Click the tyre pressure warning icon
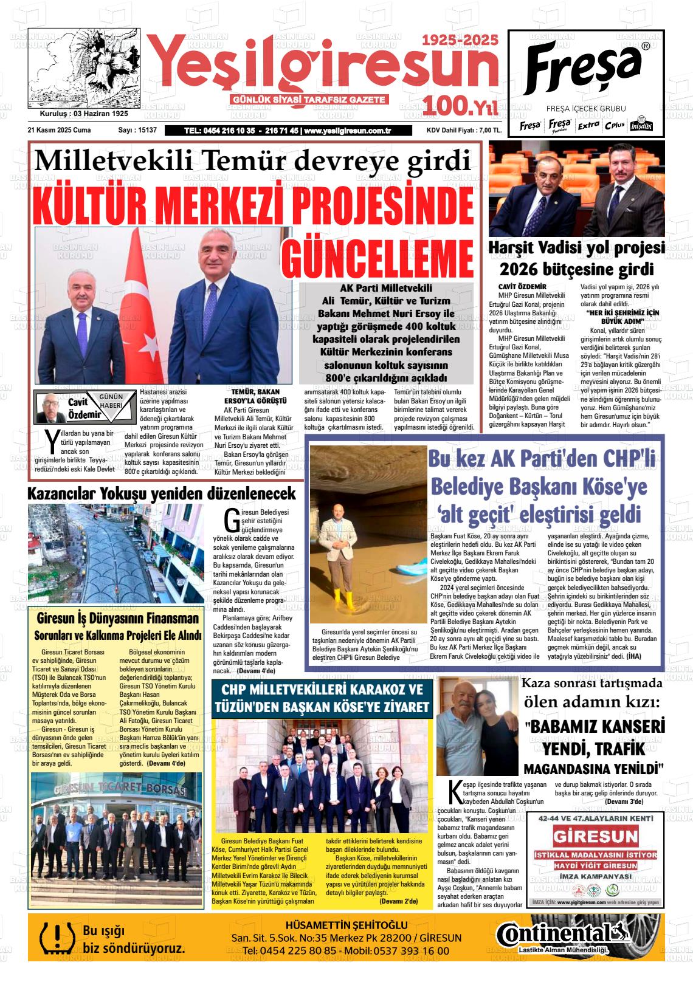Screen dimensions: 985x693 coord(54,939)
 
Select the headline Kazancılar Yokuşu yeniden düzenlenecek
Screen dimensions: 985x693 coord(162,493)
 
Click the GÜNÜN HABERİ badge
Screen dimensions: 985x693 coord(111,402)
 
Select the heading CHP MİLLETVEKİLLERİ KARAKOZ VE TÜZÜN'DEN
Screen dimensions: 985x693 coord(322,691)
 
